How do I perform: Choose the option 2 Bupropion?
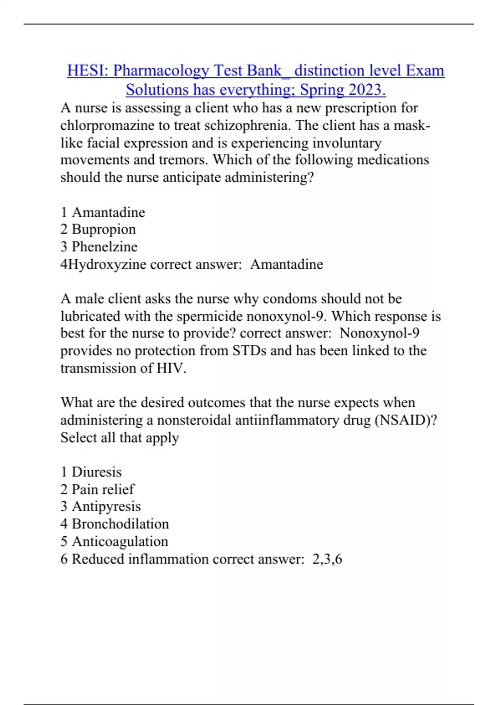(x=98, y=229)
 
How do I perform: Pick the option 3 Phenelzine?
(x=99, y=247)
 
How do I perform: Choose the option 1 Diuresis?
(x=91, y=472)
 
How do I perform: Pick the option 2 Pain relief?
(x=98, y=489)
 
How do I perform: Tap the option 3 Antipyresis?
(x=101, y=506)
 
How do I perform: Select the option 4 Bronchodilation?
(x=115, y=524)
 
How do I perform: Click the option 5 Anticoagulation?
(x=115, y=541)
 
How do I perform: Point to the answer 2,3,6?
(x=327, y=559)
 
